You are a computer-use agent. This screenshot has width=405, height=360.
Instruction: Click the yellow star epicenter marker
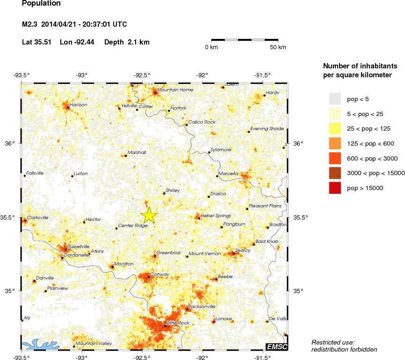(149, 215)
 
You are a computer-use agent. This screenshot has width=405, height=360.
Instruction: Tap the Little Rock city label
(178, 323)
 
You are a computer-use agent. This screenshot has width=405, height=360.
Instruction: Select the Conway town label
(160, 274)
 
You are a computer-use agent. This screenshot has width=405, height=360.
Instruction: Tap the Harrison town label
(78, 105)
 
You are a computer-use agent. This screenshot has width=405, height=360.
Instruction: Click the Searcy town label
(243, 250)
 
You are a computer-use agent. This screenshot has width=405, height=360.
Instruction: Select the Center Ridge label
(133, 226)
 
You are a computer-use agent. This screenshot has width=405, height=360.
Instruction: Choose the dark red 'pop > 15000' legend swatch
(335, 188)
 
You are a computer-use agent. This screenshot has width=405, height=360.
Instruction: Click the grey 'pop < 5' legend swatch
(335, 99)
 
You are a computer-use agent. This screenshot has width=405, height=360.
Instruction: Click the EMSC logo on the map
(276, 346)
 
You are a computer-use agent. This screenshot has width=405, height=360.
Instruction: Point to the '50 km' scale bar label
(278, 48)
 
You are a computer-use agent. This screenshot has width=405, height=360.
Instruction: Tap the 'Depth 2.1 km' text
(127, 42)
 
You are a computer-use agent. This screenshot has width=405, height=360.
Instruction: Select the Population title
(41, 4)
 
